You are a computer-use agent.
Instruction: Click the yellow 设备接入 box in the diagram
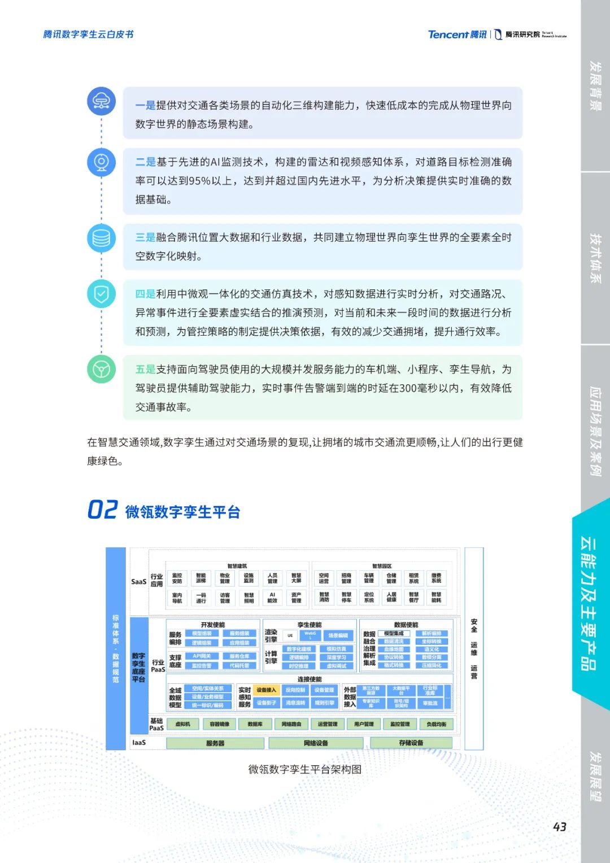click(266, 690)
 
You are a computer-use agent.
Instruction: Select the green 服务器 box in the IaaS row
click(215, 743)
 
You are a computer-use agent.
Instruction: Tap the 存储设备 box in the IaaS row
click(411, 743)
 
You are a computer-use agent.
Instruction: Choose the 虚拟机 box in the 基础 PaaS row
click(182, 724)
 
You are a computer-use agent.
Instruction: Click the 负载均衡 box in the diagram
click(436, 724)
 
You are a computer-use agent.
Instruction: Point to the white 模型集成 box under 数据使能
click(394, 634)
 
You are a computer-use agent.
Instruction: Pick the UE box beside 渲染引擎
click(290, 635)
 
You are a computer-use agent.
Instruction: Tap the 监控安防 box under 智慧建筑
click(177, 578)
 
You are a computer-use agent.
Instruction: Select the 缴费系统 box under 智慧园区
click(436, 578)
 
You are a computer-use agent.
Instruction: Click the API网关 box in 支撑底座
click(202, 656)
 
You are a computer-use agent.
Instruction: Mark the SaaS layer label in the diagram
click(138, 582)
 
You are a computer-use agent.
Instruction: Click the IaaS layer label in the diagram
click(138, 743)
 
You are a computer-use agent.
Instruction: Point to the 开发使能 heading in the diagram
click(212, 625)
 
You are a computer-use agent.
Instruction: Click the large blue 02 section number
click(102, 510)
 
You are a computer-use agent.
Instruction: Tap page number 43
click(559, 827)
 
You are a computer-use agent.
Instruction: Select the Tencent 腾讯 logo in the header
click(457, 34)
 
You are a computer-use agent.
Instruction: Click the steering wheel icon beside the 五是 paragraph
click(102, 370)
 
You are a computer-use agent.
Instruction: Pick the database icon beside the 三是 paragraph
click(102, 238)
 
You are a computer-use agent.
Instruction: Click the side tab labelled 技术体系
click(595, 258)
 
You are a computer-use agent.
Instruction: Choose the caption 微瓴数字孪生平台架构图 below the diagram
click(305, 769)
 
